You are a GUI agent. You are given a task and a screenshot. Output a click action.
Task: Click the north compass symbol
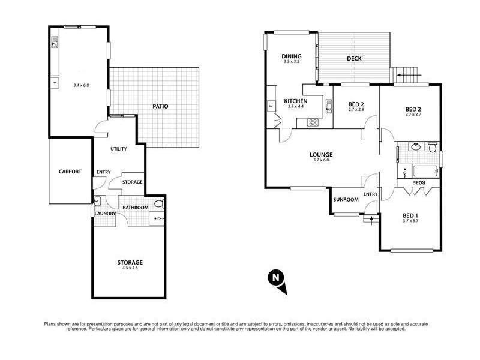(275, 277)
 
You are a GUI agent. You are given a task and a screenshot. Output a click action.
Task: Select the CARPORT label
(70, 171)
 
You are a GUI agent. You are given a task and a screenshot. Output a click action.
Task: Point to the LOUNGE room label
(322, 154)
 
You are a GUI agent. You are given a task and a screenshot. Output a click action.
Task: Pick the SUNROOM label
(346, 199)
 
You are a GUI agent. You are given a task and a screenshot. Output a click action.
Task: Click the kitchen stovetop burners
(313, 122)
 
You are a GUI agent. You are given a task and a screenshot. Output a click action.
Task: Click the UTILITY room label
(118, 149)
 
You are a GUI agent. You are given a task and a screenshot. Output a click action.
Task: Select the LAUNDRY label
(104, 213)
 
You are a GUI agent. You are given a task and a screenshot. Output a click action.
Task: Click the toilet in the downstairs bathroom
(158, 205)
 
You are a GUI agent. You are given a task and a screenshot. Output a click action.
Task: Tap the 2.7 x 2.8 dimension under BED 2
(356, 110)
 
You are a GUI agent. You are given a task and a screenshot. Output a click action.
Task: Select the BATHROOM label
(136, 208)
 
